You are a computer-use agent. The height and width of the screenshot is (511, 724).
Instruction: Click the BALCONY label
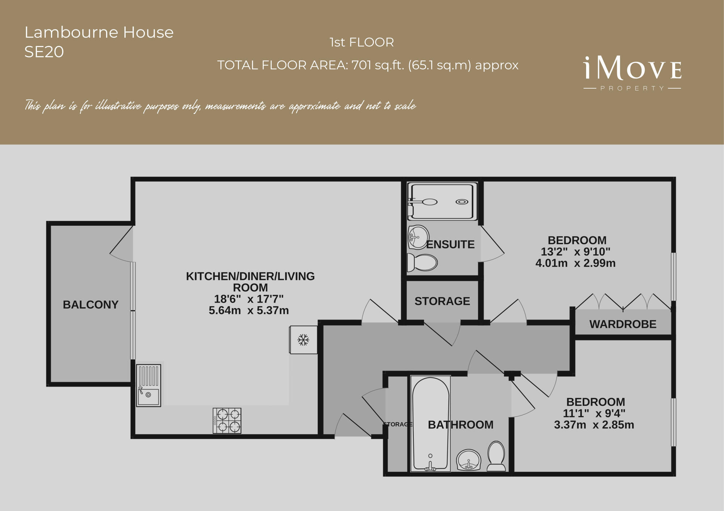[x=90, y=305]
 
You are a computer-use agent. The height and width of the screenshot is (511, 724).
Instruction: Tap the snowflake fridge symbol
[x=303, y=339]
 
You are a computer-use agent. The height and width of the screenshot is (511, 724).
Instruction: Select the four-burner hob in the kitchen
[x=227, y=421]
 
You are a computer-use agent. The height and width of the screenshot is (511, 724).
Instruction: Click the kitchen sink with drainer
[x=148, y=385]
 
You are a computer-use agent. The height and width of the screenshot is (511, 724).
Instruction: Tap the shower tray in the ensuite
[x=442, y=201]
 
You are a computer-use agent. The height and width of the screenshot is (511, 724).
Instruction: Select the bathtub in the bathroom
[x=430, y=424]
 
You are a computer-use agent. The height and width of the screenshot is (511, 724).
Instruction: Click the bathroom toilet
[x=496, y=456]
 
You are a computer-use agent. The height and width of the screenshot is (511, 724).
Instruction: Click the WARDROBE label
[x=623, y=324]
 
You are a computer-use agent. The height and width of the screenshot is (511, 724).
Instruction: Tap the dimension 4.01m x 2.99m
[x=575, y=263]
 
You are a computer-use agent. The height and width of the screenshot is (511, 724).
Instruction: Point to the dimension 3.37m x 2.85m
[x=594, y=425]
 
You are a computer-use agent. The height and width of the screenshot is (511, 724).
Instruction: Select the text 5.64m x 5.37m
[x=249, y=311]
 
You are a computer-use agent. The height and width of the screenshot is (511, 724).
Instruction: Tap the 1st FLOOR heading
[x=362, y=42]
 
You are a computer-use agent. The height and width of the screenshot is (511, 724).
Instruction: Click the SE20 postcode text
[x=44, y=52]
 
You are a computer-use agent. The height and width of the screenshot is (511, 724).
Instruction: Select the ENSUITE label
[x=450, y=245]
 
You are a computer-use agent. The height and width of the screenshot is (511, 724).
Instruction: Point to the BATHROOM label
[x=460, y=425]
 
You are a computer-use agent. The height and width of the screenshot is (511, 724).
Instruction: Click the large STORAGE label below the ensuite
[x=442, y=301]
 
